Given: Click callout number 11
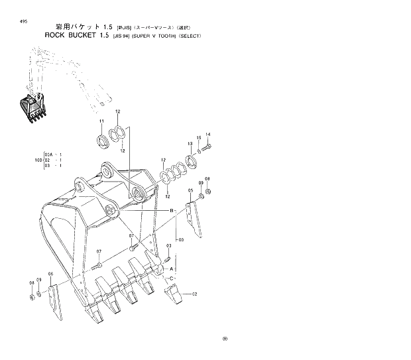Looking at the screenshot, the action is click(x=101, y=121).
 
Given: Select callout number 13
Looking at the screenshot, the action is click(x=190, y=143).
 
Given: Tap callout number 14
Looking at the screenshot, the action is click(x=207, y=134).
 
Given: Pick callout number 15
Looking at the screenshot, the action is click(x=198, y=138).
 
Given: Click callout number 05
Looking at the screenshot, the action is click(x=191, y=191).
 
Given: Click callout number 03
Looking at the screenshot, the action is click(x=168, y=245).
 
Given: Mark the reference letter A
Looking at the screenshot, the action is click(x=172, y=268).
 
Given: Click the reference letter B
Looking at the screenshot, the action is click(x=172, y=210).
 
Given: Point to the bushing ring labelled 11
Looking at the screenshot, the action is click(x=103, y=140).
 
